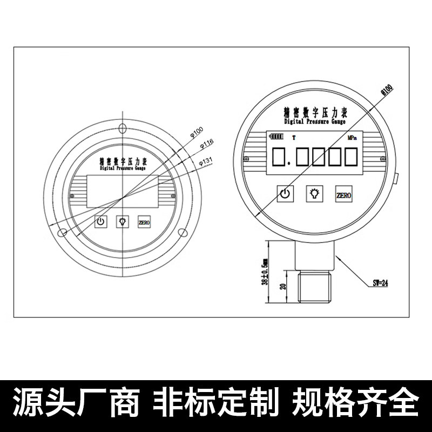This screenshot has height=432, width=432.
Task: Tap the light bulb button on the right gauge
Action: tap(314, 194)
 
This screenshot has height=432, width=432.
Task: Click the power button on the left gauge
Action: tap(100, 222)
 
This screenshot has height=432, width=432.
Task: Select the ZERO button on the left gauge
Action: tap(144, 222)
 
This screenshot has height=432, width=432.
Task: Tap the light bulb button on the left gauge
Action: tap(123, 222)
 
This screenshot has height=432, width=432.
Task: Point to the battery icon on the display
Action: tap(276, 138)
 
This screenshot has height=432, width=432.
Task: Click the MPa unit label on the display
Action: tap(352, 138)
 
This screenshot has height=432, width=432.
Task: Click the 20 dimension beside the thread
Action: tap(282, 287)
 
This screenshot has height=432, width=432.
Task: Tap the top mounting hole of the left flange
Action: tap(123, 129)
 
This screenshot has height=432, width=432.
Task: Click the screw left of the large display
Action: tap(246, 159)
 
